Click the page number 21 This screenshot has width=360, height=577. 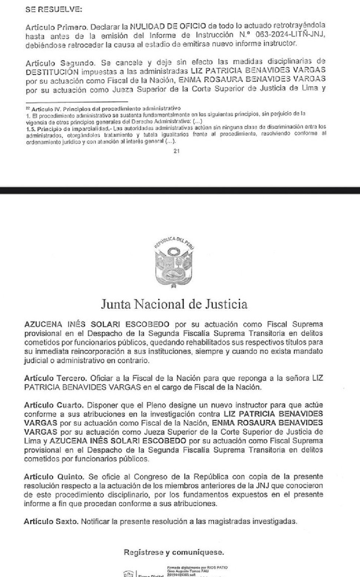(176, 151)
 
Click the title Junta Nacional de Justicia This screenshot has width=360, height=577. (174, 304)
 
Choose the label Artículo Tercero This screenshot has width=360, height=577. (55, 379)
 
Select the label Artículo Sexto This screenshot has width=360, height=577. (51, 521)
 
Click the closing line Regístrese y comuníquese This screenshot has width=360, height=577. (174, 552)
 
